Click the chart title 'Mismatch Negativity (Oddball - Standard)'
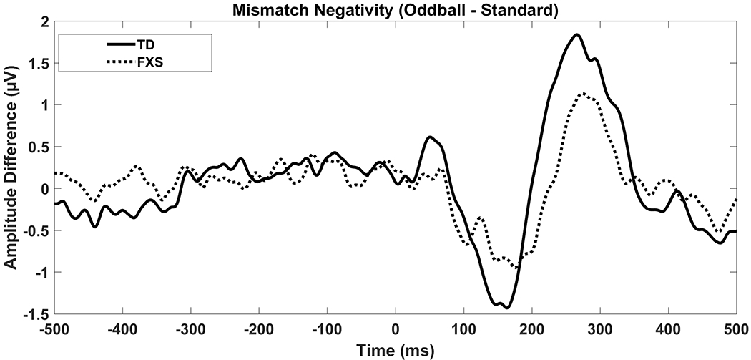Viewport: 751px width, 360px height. [x=395, y=9]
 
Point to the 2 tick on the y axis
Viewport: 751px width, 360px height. [x=46, y=21]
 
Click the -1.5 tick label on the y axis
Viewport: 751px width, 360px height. [x=39, y=314]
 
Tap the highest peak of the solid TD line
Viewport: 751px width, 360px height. [x=576, y=34]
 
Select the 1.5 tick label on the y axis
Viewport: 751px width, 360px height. [x=41, y=64]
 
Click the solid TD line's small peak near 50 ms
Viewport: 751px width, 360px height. [x=430, y=137]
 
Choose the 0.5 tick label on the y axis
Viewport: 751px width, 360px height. [x=41, y=147]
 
